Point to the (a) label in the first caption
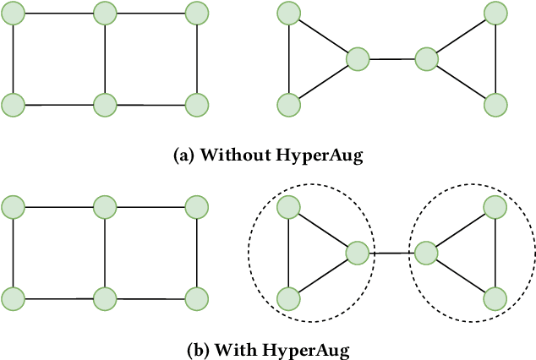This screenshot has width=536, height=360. click(x=183, y=156)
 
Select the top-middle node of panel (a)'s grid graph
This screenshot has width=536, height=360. click(x=105, y=13)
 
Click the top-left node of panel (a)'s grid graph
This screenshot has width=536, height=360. click(x=14, y=13)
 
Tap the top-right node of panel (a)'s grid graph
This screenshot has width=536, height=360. click(x=196, y=13)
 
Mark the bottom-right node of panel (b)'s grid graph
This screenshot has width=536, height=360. click(x=196, y=297)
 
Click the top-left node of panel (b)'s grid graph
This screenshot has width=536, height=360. click(x=14, y=205)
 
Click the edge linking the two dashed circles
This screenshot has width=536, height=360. click(x=392, y=252)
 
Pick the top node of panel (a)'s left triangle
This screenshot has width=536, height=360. click(x=289, y=13)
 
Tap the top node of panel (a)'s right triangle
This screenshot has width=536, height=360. click(x=495, y=13)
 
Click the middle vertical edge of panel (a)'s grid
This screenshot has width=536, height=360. click(x=105, y=59)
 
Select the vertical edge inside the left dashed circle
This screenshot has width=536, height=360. click(x=289, y=252)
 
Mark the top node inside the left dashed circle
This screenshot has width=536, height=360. click(x=289, y=205)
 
